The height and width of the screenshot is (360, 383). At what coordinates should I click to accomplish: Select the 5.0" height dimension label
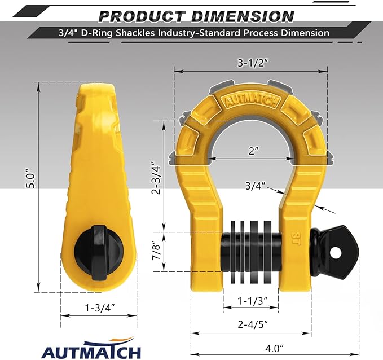33,180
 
